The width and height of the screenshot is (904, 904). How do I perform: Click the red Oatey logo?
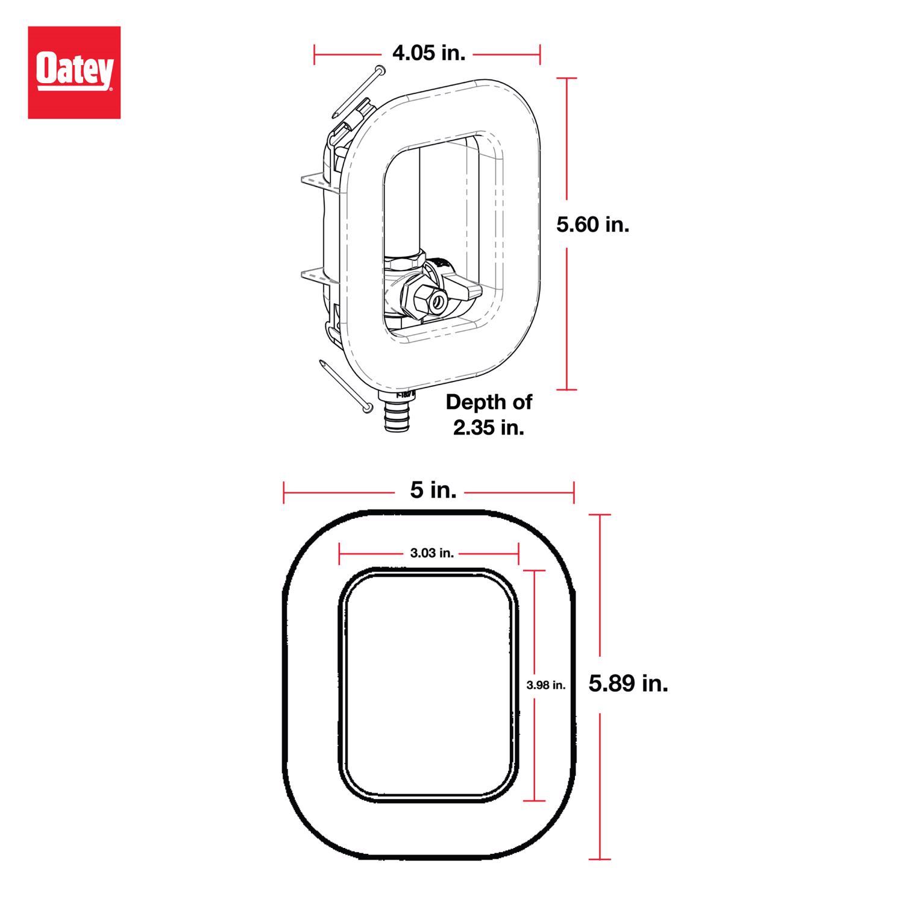74,72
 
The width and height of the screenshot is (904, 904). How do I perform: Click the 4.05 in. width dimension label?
428,53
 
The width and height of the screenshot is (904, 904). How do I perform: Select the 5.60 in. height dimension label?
592,225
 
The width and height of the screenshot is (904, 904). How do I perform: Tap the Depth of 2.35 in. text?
489,415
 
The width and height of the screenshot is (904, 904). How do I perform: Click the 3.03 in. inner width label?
432,553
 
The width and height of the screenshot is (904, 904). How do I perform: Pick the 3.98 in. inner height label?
545,685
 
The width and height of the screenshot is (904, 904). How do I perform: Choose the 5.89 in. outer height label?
628,684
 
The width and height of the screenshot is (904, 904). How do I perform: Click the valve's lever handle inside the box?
464,290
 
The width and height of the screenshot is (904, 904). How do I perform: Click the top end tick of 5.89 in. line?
599,515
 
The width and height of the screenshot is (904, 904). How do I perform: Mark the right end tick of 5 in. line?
574,492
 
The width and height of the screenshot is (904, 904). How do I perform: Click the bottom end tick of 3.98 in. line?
535,801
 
